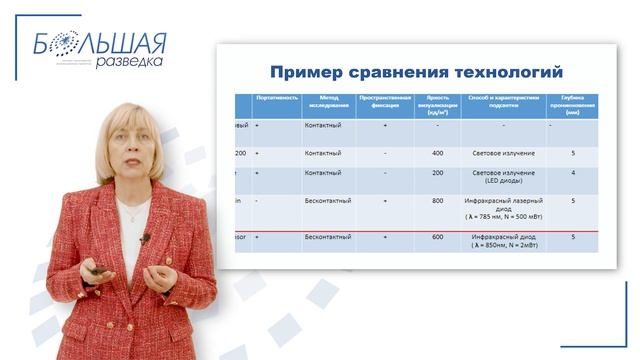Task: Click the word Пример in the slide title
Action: (x=307, y=72)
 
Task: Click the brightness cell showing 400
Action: (x=437, y=153)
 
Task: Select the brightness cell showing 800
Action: (x=437, y=200)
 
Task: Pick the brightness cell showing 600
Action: (x=437, y=237)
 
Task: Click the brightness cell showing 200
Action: (x=437, y=172)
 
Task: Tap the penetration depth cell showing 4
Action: (x=572, y=172)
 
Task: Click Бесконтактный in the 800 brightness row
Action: (x=328, y=200)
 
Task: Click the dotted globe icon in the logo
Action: (x=62, y=42)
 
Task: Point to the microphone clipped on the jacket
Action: (x=145, y=238)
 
